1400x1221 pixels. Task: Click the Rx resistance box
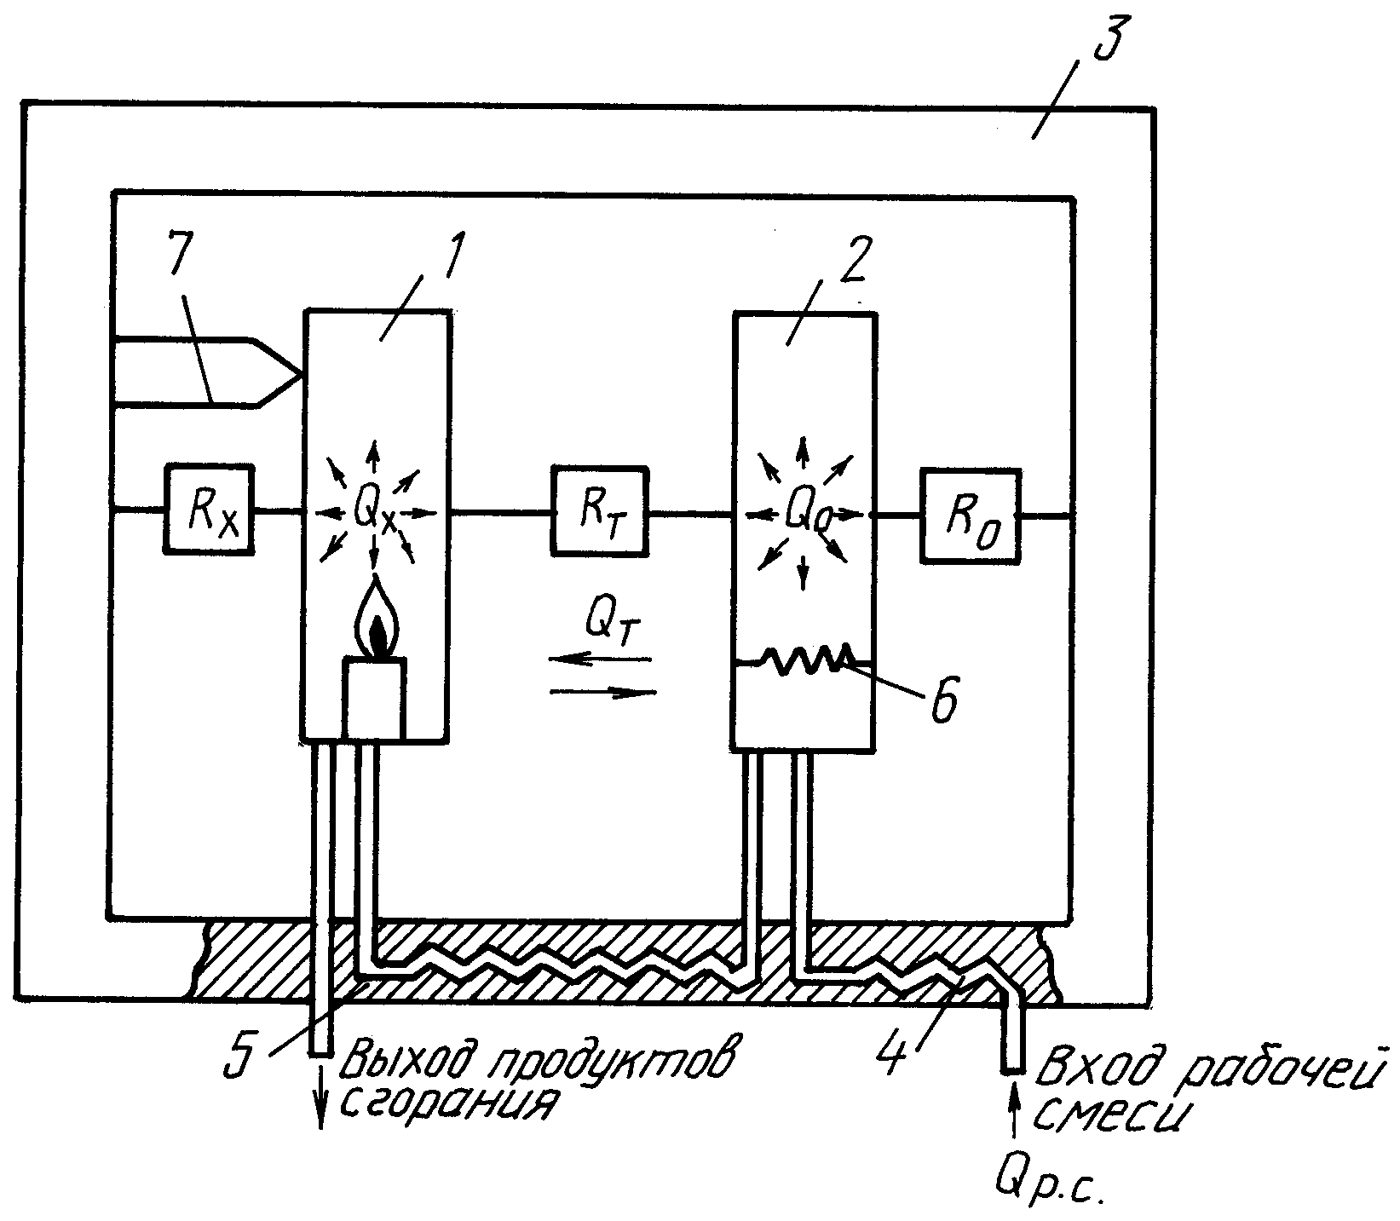[210, 510]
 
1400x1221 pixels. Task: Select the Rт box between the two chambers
[598, 510]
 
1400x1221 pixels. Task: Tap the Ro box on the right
[971, 515]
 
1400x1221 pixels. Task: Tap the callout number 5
[238, 1053]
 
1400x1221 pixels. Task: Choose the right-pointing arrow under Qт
[603, 693]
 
